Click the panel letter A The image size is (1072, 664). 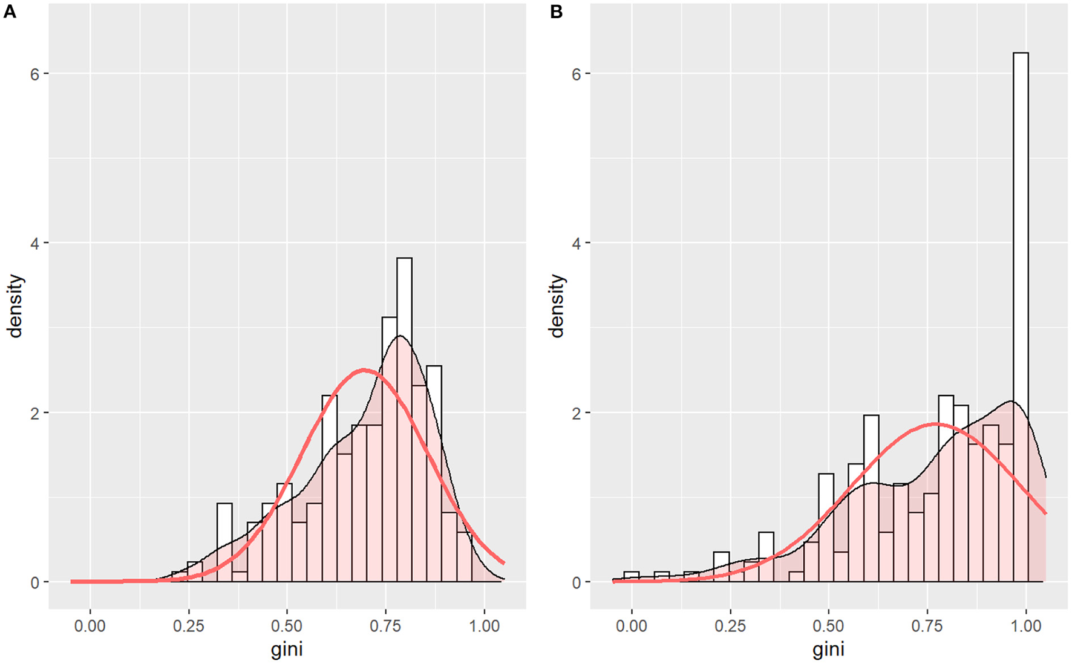point(9,11)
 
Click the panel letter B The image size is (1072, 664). point(556,11)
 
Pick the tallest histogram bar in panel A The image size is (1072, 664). point(404,417)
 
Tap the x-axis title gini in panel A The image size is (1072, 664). point(287,650)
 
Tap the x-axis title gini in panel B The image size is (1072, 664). point(828,650)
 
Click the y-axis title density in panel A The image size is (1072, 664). point(15,305)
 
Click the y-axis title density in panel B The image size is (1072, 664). point(557,305)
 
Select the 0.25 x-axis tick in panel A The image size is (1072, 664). point(189,626)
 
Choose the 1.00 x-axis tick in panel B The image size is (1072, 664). point(1026,626)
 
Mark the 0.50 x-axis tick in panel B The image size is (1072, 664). point(829,626)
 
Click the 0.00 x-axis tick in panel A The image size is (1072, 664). point(90,626)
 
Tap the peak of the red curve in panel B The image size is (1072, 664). point(936,424)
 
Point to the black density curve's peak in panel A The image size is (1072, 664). point(399,336)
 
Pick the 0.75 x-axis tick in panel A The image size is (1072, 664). point(385,626)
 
